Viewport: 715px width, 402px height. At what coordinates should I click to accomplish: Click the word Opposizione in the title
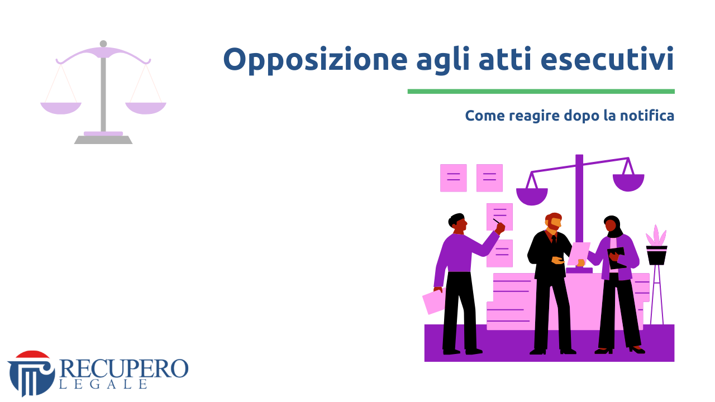[315, 60]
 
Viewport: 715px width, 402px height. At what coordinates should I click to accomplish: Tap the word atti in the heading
[505, 59]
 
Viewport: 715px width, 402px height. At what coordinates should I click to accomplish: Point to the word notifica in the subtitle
[647, 115]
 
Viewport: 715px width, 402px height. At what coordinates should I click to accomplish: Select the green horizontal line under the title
[541, 92]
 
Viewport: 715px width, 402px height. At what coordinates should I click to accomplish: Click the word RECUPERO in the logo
[124, 368]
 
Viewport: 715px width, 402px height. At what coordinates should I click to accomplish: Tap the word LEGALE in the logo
[103, 384]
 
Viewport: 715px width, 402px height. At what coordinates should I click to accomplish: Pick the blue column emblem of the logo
[31, 374]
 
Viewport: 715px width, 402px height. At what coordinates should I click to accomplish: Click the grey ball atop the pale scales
[103, 44]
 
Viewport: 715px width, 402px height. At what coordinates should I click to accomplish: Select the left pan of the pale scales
[61, 108]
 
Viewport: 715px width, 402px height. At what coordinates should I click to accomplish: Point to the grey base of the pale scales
[103, 140]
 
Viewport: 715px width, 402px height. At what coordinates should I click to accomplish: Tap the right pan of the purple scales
[628, 183]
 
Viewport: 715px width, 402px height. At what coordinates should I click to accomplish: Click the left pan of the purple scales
[532, 197]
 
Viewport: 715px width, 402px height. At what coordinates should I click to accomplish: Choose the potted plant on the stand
[656, 245]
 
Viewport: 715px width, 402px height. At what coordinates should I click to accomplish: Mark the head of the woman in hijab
[612, 225]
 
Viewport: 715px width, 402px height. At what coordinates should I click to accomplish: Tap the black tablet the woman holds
[616, 258]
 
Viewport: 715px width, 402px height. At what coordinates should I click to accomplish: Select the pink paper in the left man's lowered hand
[433, 300]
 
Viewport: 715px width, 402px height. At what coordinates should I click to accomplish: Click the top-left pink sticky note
[453, 178]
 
